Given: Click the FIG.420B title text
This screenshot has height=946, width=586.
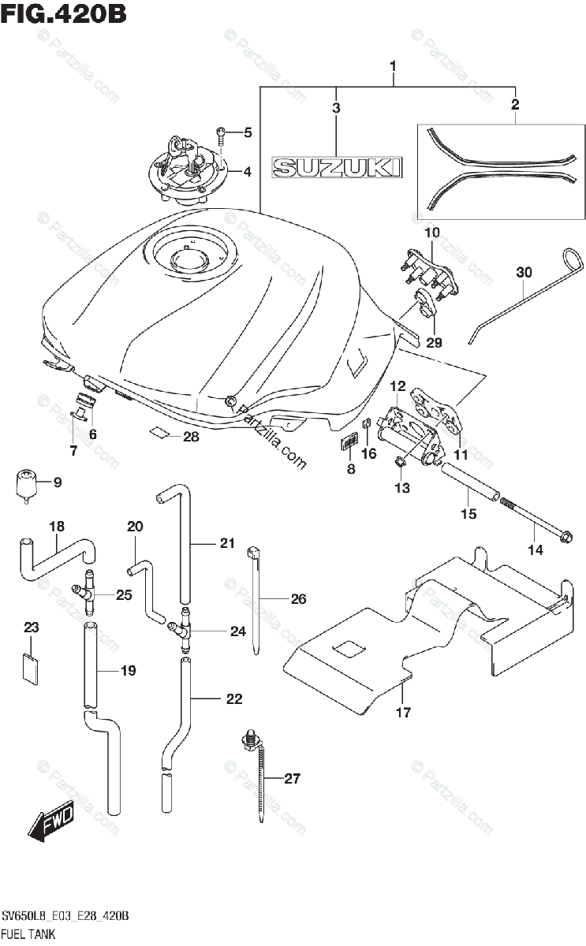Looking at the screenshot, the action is click(x=63, y=14).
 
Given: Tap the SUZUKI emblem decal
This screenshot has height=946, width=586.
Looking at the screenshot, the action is click(x=337, y=167).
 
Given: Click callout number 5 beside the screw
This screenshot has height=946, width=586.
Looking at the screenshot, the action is click(x=248, y=132).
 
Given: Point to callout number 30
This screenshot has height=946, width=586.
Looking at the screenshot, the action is click(x=524, y=273).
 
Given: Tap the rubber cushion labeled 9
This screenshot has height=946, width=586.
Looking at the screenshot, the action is click(x=27, y=486).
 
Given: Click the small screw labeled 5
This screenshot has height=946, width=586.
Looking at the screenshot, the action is click(x=222, y=136).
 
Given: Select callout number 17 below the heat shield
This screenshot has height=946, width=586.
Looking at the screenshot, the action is click(x=403, y=713).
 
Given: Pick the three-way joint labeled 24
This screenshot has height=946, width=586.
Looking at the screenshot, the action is click(x=181, y=630).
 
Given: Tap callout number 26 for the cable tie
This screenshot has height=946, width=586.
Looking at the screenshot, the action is click(x=298, y=598).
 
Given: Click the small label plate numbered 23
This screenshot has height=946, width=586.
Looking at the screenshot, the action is click(x=30, y=669).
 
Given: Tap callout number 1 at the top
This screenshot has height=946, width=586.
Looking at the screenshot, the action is click(x=393, y=66).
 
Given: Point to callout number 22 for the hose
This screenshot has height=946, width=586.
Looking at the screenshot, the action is click(x=234, y=699).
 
